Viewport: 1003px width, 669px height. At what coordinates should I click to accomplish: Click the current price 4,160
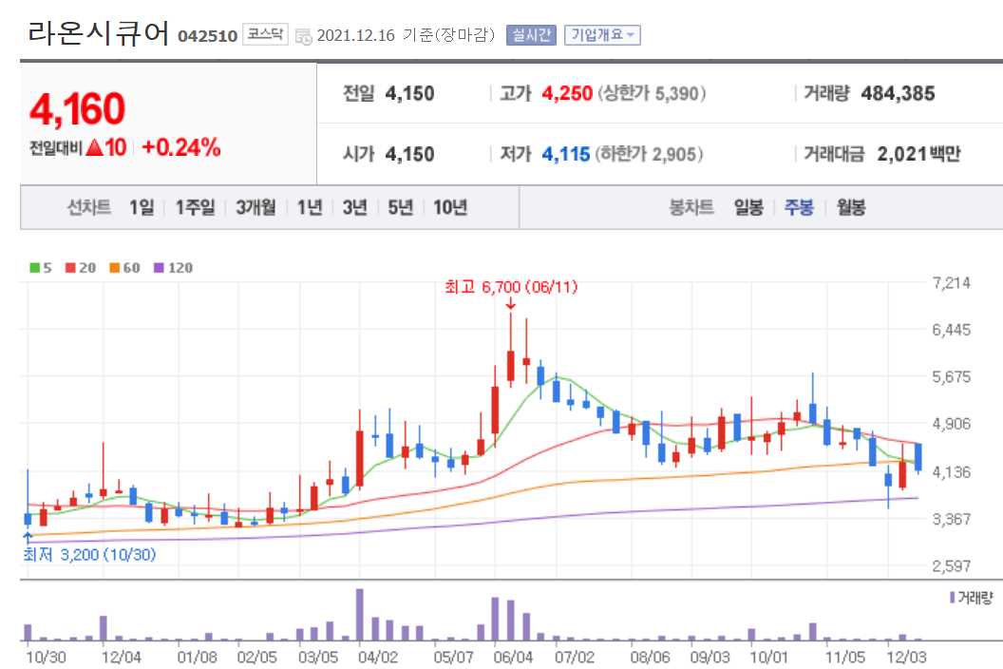(x=78, y=110)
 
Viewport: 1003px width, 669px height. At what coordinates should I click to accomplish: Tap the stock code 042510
(x=207, y=36)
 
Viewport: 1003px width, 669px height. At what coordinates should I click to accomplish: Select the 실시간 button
(x=530, y=35)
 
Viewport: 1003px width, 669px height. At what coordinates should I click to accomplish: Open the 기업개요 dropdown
(x=602, y=35)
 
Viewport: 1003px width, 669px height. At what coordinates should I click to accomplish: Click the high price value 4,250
(x=567, y=93)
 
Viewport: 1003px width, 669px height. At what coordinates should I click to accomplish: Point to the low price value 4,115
(x=566, y=154)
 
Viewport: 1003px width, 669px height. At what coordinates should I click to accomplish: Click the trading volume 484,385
(x=898, y=93)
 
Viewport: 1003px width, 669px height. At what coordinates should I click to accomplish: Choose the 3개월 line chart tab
(x=255, y=207)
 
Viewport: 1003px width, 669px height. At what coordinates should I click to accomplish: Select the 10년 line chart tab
(x=450, y=207)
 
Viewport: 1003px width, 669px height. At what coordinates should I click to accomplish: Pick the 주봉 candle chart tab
(x=799, y=207)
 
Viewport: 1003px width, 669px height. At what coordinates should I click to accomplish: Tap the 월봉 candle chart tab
(x=850, y=207)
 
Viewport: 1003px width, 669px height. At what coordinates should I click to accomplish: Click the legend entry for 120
(x=173, y=268)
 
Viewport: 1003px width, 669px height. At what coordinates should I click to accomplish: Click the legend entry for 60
(x=124, y=268)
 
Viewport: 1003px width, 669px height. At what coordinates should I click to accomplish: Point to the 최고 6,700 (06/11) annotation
(x=511, y=286)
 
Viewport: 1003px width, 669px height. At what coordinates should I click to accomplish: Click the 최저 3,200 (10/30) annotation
(x=89, y=554)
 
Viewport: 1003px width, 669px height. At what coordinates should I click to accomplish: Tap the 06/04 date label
(x=514, y=656)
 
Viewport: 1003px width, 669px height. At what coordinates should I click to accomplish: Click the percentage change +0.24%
(x=181, y=147)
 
